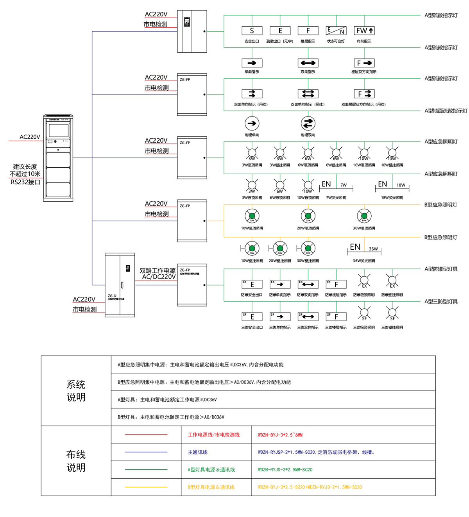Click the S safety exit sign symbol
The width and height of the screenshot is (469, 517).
(x=252, y=31)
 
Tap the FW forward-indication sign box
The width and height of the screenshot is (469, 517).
(x=364, y=31)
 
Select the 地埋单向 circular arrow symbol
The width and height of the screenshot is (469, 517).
(x=252, y=123)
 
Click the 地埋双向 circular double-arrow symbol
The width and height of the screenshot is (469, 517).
(x=308, y=123)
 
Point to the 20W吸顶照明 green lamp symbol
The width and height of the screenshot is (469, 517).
(x=308, y=216)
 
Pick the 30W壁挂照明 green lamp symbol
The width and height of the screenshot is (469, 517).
(x=308, y=248)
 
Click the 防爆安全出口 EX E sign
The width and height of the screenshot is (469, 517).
(x=252, y=284)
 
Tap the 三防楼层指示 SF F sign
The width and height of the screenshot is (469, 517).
(x=336, y=317)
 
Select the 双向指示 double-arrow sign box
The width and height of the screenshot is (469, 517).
(x=308, y=63)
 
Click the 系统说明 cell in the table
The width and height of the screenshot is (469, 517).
(x=76, y=391)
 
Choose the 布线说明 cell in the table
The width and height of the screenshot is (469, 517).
(x=76, y=461)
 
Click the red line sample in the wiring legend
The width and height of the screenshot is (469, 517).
(x=146, y=435)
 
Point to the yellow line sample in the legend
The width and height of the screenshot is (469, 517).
(x=146, y=487)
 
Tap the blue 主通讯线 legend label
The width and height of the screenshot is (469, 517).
(x=198, y=452)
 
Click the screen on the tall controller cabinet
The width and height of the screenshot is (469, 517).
(x=58, y=130)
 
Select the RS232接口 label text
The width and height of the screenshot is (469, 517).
(x=25, y=182)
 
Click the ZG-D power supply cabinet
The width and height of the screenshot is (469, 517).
(x=120, y=285)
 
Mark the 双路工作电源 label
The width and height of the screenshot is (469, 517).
(x=158, y=270)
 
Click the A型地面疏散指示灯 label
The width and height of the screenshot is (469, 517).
(x=446, y=111)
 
